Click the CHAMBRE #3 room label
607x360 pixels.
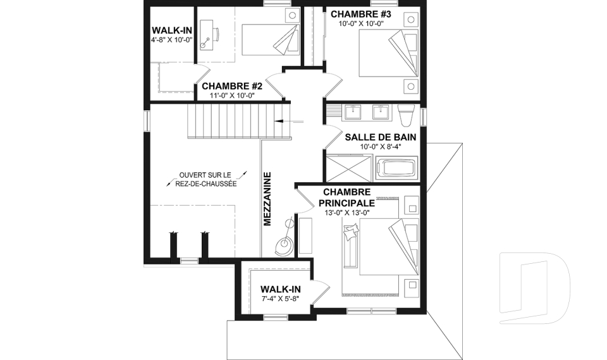click(x=361, y=14)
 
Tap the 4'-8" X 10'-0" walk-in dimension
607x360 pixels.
click(x=171, y=39)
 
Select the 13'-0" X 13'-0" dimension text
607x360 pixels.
click(x=345, y=213)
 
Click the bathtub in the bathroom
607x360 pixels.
click(x=396, y=169)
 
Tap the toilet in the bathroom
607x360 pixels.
click(x=406, y=115)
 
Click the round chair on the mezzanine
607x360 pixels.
click(x=283, y=245)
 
